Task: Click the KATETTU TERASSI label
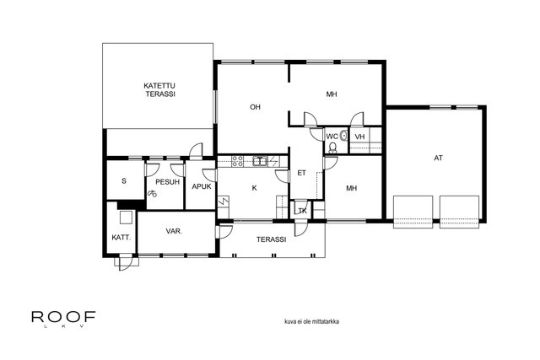coord(159,90)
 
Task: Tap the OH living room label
coord(255,107)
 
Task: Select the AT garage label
coord(438,158)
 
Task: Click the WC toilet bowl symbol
coord(332,148)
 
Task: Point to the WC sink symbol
coord(343,135)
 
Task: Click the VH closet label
coord(359,137)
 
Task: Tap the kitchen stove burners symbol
coord(237,161)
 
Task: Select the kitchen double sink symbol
coord(260,161)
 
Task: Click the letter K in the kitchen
coord(255,188)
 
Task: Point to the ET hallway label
coord(301,173)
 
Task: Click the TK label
coord(302,211)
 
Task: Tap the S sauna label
coord(124,180)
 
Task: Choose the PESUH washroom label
coord(168,182)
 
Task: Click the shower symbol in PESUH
coord(152,194)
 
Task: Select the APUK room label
coord(202,186)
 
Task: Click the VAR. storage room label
coord(175,231)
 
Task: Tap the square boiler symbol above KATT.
coord(126,218)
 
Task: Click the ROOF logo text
coord(63,317)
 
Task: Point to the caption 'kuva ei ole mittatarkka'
coord(311,321)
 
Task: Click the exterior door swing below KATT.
coord(126,263)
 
